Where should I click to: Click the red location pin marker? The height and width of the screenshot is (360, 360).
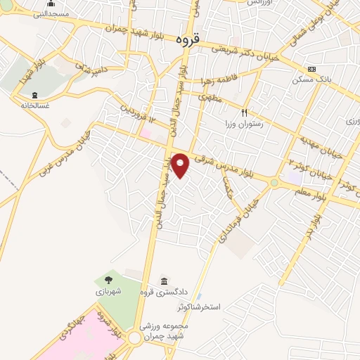coord(181,165)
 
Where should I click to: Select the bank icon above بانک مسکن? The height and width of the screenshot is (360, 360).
coord(311,69)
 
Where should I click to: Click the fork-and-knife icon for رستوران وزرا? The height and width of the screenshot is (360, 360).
coord(245,112)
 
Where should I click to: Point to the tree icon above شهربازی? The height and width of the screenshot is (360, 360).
coord(108,279)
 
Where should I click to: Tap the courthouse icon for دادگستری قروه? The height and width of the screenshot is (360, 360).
coord(164,281)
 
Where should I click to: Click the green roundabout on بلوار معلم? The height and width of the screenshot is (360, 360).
coord(274,183)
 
